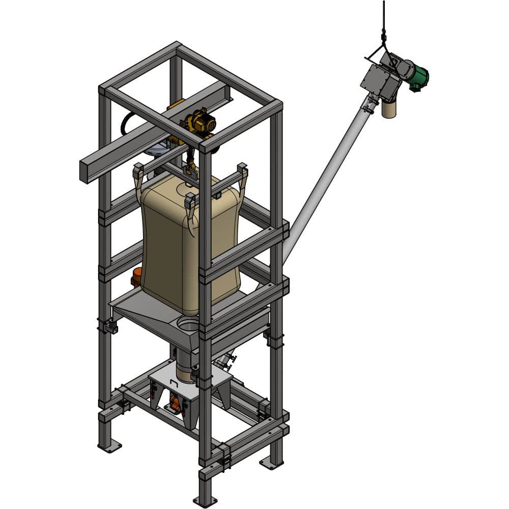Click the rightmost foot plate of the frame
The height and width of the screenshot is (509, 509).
271,464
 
